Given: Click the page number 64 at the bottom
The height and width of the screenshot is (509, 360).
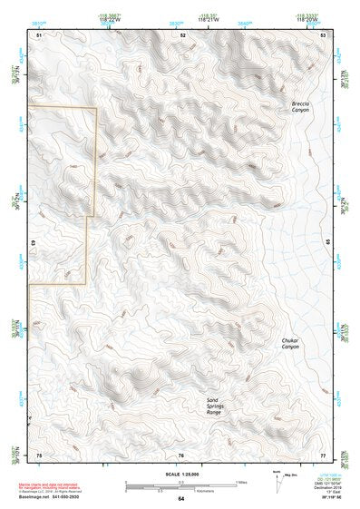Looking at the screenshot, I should tap(180, 499).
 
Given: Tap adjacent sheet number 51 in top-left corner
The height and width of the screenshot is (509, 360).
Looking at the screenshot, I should tap(39, 34).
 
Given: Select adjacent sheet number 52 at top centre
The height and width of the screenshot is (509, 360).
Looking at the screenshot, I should tap(182, 34).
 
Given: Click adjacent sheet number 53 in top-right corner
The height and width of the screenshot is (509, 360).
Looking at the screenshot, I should tap(323, 34).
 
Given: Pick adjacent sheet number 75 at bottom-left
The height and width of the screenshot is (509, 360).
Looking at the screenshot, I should tap(39, 455).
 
